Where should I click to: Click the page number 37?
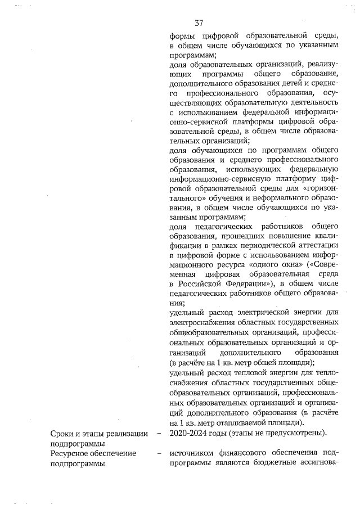tap(198, 23)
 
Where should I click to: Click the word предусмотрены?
tap(295, 433)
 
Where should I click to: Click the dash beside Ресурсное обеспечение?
tap(160, 453)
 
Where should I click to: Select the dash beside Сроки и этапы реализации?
tap(160, 433)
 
